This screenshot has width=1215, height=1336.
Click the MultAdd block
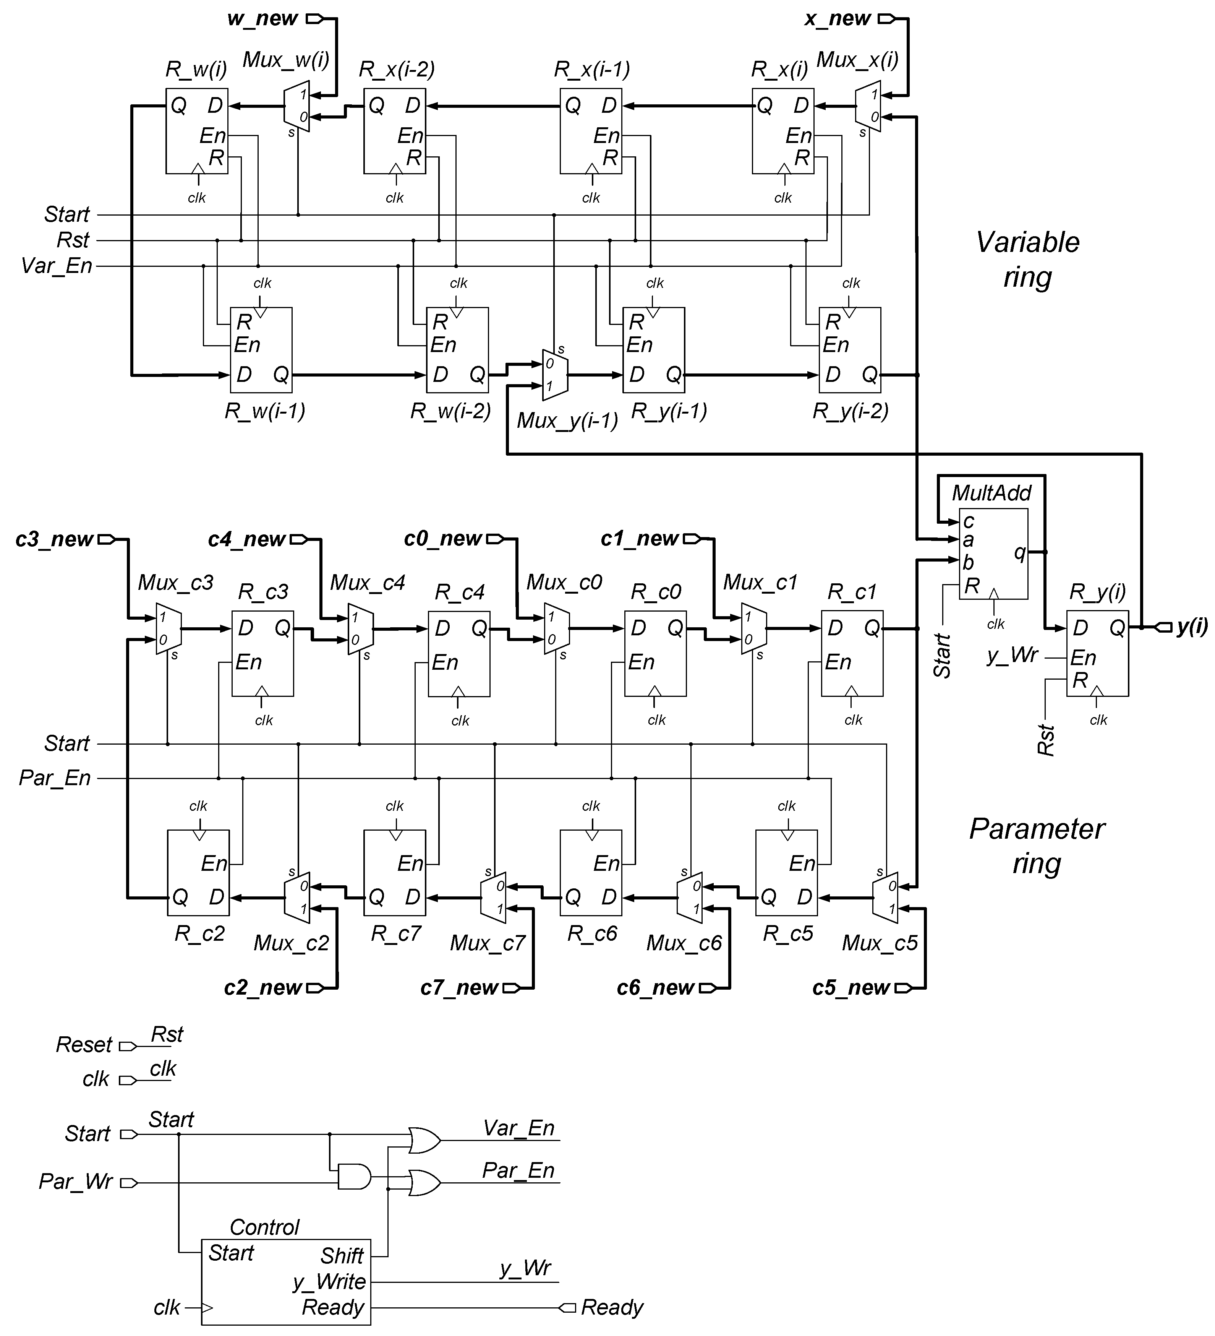coord(994,554)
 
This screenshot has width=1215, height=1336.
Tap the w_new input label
coord(262,19)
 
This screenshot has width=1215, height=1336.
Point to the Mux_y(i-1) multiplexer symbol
coord(554,375)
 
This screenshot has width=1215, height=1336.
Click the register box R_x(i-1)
coord(590,131)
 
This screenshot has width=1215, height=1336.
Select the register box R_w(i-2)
coord(457,349)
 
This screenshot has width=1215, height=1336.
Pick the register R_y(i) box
coord(1097,653)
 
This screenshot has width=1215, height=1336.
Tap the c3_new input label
coord(54,539)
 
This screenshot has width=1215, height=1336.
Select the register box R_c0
coord(655,653)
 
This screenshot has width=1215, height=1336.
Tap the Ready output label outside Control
coord(611,1307)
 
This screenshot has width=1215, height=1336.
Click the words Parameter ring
coord(1037,846)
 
